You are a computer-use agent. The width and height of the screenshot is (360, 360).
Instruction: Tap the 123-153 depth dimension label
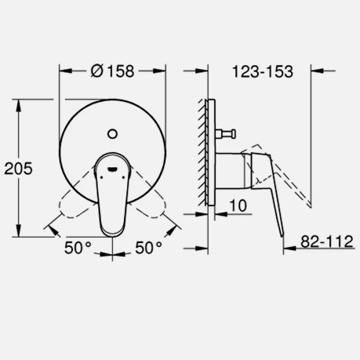click(x=262, y=71)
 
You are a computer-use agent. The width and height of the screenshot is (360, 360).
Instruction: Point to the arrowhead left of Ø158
click(x=64, y=71)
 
